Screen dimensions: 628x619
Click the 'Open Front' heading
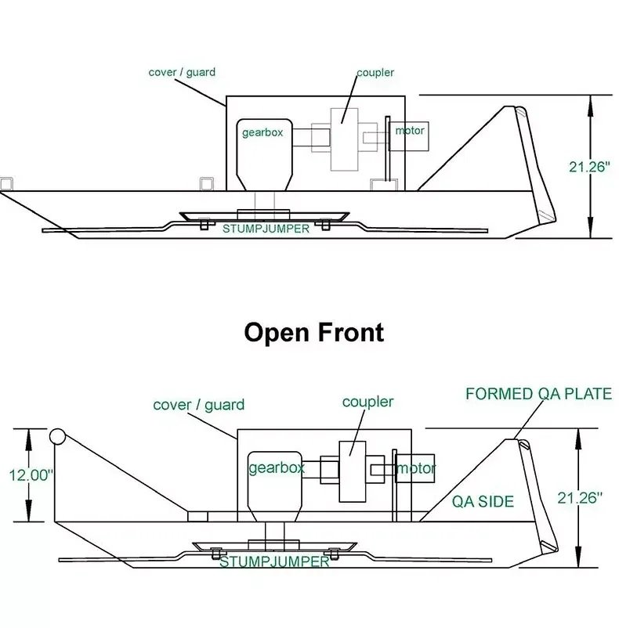click(x=314, y=332)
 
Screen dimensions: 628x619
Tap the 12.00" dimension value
click(x=31, y=475)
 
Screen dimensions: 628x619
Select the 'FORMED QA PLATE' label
click(x=538, y=394)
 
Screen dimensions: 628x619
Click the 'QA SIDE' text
click(x=483, y=501)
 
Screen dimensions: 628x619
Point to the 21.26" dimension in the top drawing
click(x=589, y=166)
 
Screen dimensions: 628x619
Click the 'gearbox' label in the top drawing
click(x=262, y=132)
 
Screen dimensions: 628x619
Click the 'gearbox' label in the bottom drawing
click(x=276, y=468)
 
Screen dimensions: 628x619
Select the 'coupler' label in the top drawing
click(x=375, y=73)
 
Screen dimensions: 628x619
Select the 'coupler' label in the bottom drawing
click(x=367, y=402)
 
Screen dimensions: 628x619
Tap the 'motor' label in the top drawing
click(x=410, y=130)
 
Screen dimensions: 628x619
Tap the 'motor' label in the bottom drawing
click(x=416, y=468)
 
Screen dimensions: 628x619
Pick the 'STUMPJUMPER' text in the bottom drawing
click(x=273, y=561)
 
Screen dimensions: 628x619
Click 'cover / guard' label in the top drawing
click(x=182, y=73)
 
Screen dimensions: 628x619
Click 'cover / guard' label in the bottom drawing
click(x=198, y=405)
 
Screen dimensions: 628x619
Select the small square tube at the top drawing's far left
click(x=6, y=184)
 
